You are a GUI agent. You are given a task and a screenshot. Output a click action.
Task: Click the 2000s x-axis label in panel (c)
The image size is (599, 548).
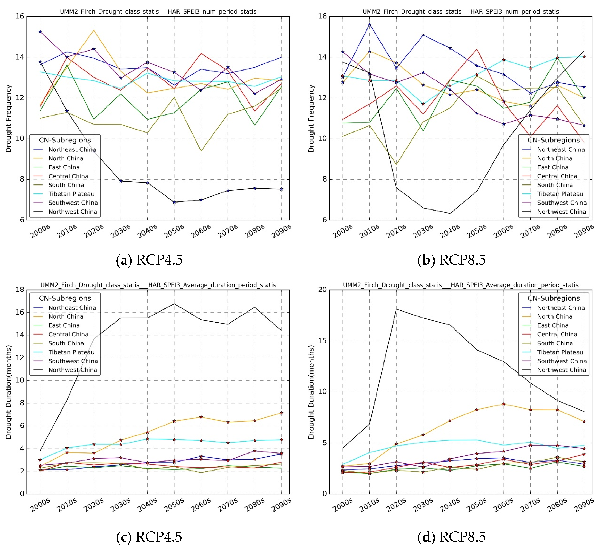[x=40, y=505]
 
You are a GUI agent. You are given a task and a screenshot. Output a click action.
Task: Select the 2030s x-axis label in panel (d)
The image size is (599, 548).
[x=423, y=505]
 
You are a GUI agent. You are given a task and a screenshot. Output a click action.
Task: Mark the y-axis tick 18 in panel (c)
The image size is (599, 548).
[x=20, y=289]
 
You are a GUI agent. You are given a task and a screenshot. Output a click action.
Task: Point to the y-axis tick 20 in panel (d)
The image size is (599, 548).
[x=322, y=289]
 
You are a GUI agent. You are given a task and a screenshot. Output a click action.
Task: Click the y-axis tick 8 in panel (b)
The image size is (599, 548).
[x=324, y=179]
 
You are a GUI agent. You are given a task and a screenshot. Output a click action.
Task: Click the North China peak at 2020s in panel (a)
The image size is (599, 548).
[x=94, y=30]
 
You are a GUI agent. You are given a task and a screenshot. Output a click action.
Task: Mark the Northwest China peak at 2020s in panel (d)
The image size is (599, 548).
[x=396, y=309]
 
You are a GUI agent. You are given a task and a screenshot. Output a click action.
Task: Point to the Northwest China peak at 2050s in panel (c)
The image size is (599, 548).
[x=174, y=304]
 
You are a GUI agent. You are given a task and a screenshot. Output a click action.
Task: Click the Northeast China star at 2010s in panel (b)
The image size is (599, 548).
[x=370, y=24]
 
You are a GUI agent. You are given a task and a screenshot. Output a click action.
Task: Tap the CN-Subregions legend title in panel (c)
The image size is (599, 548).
[x=65, y=298]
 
